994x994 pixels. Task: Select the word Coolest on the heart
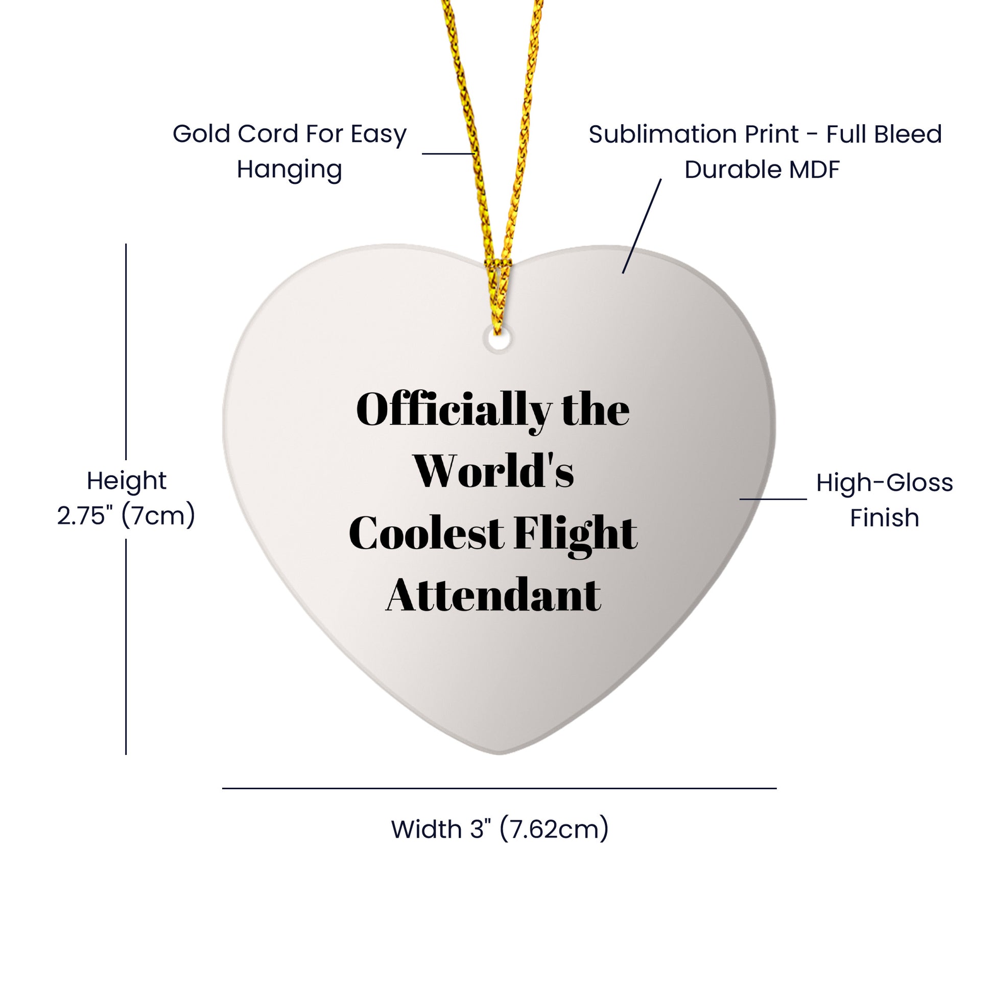(427, 533)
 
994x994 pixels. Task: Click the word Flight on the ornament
(576, 536)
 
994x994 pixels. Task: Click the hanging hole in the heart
(498, 341)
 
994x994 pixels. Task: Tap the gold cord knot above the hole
(496, 268)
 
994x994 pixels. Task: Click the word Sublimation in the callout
(694, 134)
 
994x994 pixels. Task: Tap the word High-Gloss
(884, 484)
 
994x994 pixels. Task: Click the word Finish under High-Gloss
(884, 517)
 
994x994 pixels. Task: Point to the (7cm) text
(158, 515)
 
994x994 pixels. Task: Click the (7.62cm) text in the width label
(554, 830)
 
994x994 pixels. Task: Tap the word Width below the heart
(427, 830)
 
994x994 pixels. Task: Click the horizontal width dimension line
(499, 788)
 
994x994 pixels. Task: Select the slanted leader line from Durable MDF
(642, 226)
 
